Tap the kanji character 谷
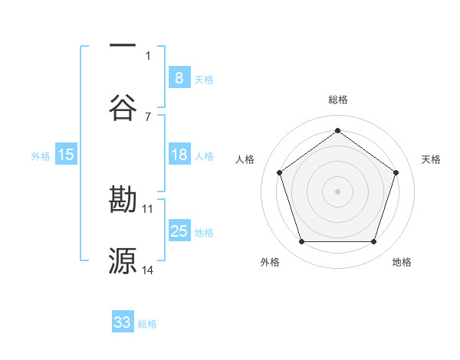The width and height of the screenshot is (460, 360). [123, 106]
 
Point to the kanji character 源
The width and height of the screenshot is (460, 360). [123, 261]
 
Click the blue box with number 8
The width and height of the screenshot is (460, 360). [179, 77]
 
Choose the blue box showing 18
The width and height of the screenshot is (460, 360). [179, 155]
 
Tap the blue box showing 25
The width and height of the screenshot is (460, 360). [179, 231]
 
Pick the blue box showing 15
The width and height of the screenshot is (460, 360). [66, 155]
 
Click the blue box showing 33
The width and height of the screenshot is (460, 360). [123, 322]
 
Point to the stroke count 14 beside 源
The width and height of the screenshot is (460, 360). [148, 270]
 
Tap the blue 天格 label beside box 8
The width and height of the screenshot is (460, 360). [204, 79]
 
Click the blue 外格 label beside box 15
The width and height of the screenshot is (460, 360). [41, 156]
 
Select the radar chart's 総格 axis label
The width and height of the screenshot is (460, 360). [338, 100]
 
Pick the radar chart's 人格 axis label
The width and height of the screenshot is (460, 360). [245, 159]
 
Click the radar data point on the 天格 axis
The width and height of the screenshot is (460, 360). [396, 172]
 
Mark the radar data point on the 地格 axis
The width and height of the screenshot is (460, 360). [373, 241]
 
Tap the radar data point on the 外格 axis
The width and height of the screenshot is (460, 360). [301, 241]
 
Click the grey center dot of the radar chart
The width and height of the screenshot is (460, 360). [337, 191]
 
